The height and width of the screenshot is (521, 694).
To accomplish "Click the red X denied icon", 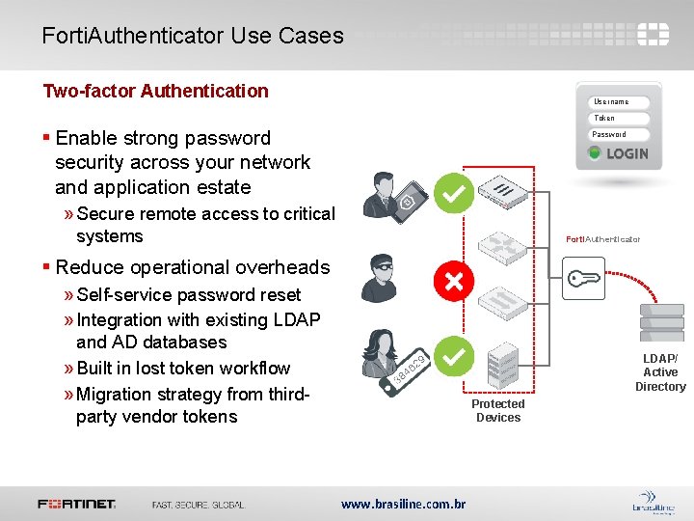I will coord(451,282).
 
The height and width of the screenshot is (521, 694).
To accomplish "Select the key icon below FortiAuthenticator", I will coord(584,280).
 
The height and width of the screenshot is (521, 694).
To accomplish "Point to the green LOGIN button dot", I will coord(595,153).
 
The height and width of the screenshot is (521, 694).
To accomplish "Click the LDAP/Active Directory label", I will coord(660,372).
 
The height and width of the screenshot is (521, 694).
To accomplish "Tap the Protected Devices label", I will coord(498,411).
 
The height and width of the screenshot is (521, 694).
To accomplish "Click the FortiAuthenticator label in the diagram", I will coord(602,239).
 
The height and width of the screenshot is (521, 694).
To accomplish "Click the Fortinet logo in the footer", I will coord(77,504).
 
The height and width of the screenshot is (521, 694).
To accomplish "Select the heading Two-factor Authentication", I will coord(155,91).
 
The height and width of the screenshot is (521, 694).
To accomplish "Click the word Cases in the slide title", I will coord(311,36).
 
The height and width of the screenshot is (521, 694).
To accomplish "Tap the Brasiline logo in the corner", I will coord(652,503).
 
